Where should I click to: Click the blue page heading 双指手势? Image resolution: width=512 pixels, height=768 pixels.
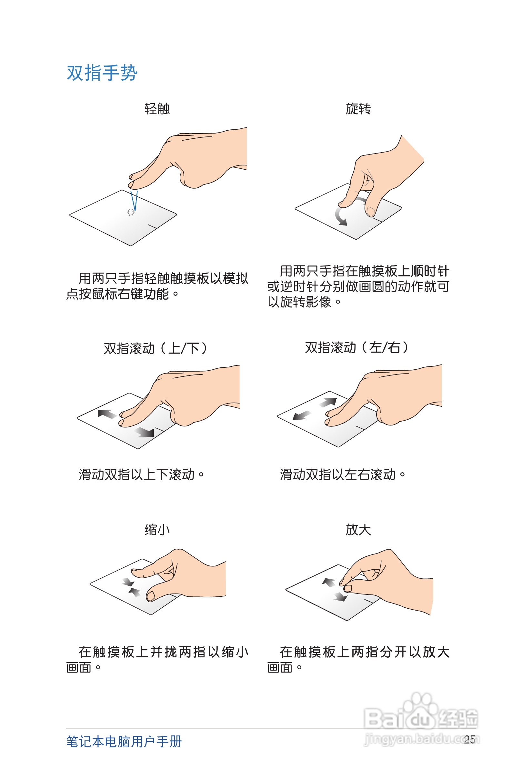[x=102, y=73]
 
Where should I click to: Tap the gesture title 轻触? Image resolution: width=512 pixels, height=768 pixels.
[x=157, y=109]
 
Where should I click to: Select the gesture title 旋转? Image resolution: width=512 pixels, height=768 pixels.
[x=358, y=109]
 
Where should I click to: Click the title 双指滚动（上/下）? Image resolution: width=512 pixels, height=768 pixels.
[x=156, y=348]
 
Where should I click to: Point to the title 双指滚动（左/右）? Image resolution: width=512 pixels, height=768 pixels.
[x=356, y=348]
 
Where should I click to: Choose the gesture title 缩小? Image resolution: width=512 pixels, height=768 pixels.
[x=157, y=529]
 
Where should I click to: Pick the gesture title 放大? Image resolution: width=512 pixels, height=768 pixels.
[x=358, y=529]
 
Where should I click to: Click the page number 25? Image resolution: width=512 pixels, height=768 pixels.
[x=469, y=739]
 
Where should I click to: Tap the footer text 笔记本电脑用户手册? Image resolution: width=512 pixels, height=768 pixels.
[x=124, y=742]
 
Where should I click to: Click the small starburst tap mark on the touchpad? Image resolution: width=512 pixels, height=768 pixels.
[x=131, y=213]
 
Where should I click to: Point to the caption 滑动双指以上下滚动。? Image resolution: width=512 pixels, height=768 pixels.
[x=141, y=474]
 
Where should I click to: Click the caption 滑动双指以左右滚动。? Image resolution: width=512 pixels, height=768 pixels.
[x=342, y=474]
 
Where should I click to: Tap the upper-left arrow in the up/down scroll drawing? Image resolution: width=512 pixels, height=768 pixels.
[x=106, y=414]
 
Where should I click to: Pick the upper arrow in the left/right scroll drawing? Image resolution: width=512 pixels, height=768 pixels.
[x=328, y=403]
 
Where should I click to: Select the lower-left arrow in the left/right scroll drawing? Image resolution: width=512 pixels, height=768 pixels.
[x=301, y=415]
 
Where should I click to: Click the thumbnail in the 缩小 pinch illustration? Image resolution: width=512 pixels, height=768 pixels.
[x=151, y=596]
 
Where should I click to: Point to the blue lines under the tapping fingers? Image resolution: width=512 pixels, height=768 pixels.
[x=134, y=200]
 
